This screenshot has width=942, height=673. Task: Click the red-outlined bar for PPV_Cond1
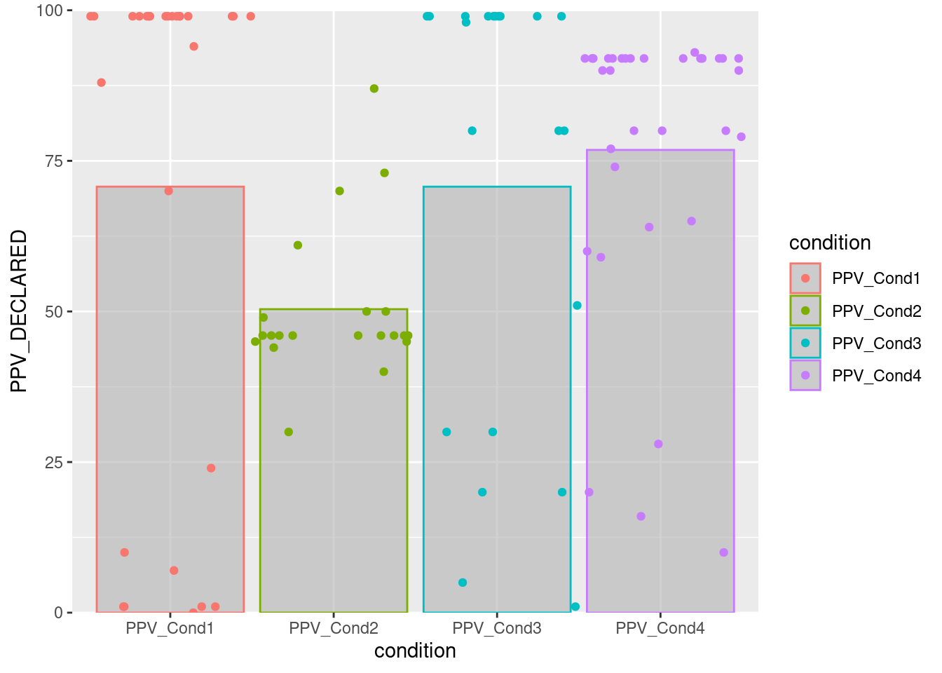point(170,400)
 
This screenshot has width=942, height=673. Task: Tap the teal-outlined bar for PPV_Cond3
point(497,400)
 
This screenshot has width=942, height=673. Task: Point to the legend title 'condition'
point(830,243)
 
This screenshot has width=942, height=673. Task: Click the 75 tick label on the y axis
point(54,161)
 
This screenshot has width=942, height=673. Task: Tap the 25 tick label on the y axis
point(54,463)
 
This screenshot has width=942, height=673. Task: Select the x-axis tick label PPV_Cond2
point(334,628)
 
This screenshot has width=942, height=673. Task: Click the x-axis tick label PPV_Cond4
point(660,628)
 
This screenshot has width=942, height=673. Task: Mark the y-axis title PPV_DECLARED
point(19,311)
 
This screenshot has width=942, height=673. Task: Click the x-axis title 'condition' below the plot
point(415,651)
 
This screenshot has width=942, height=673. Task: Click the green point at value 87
point(374,88)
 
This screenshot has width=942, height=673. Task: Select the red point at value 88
point(101,83)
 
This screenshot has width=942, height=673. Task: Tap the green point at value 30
point(289,432)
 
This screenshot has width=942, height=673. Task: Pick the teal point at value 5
point(463,583)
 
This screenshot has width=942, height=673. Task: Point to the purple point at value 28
point(658,444)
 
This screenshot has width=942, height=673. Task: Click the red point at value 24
point(211,468)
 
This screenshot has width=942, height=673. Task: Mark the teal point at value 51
point(577,306)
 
